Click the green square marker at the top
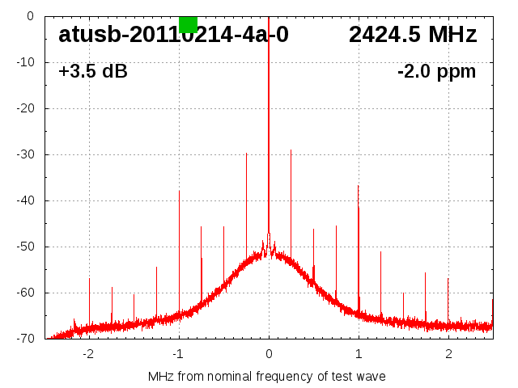click(x=188, y=23)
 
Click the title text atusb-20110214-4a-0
click(x=173, y=35)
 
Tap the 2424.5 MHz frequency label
click(x=413, y=35)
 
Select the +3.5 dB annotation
click(x=93, y=71)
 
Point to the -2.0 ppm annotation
click(x=436, y=71)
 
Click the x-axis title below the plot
click(x=267, y=376)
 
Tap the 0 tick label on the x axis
click(x=269, y=353)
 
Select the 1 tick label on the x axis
click(x=359, y=353)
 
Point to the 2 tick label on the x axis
click(x=448, y=353)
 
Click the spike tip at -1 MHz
click(x=179, y=191)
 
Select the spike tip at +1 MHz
click(x=359, y=185)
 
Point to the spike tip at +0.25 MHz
click(x=291, y=150)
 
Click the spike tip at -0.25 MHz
click(x=246, y=153)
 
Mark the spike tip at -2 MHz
click(x=89, y=278)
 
